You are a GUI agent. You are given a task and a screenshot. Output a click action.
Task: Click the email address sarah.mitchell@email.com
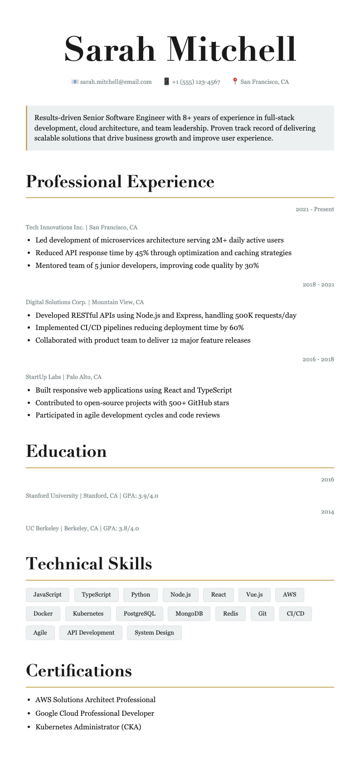pyautogui.click(x=116, y=82)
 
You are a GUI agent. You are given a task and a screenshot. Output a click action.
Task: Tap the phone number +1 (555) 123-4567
pyautogui.click(x=196, y=82)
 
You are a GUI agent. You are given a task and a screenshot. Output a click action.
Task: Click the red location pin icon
pyautogui.click(x=235, y=82)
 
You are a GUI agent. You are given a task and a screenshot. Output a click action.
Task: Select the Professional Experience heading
pyautogui.click(x=120, y=182)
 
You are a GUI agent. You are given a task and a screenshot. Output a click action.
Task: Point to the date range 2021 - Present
pyautogui.click(x=315, y=209)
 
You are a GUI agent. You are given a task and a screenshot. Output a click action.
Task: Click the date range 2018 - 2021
pyautogui.click(x=318, y=285)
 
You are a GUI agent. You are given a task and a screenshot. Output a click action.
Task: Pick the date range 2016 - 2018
pyautogui.click(x=318, y=359)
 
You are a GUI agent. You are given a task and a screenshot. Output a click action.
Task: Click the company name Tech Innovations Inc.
pyautogui.click(x=55, y=228)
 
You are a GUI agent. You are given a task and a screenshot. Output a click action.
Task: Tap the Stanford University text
pyautogui.click(x=52, y=496)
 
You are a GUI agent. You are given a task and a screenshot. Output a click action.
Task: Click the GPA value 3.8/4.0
pyautogui.click(x=129, y=529)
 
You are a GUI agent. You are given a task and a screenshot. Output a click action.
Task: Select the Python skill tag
pyautogui.click(x=141, y=595)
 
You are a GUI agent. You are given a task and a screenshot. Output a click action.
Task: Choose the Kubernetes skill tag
pyautogui.click(x=88, y=614)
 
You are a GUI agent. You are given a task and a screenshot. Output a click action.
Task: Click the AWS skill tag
pyautogui.click(x=289, y=595)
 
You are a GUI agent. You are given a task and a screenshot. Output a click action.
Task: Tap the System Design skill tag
pyautogui.click(x=154, y=633)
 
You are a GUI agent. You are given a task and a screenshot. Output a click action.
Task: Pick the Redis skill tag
pyautogui.click(x=230, y=614)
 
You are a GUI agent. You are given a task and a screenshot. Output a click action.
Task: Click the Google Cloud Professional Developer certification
pyautogui.click(x=95, y=713)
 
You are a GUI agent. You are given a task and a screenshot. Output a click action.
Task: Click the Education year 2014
pyautogui.click(x=327, y=512)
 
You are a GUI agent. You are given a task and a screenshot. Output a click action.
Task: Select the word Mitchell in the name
pyautogui.click(x=232, y=49)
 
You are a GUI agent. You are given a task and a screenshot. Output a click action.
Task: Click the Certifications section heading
pyautogui.click(x=79, y=671)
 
